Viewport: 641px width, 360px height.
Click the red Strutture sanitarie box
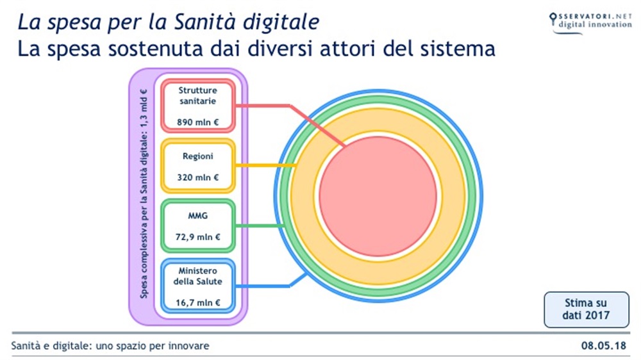[x=197, y=104]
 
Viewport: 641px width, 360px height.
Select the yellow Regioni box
[x=197, y=166]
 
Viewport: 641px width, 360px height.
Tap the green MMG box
[x=197, y=226]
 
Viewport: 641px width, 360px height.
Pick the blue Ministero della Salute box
[x=197, y=286]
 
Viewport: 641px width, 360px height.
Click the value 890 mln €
[x=197, y=120]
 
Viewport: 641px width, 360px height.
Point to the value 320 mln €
[x=197, y=177]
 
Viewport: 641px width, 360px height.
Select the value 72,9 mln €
[x=197, y=237]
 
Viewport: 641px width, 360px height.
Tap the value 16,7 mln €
[x=197, y=302]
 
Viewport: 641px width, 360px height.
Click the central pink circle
[x=378, y=196]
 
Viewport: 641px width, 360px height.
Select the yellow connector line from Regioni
[x=263, y=166]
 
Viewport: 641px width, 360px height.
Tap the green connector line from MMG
[x=256, y=225]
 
